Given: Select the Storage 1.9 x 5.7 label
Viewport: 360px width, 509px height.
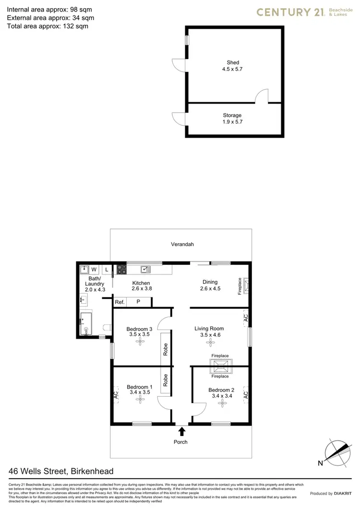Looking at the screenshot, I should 232,118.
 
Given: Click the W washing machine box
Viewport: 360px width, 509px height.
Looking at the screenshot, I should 94,270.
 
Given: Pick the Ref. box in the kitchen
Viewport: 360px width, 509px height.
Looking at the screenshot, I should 120,302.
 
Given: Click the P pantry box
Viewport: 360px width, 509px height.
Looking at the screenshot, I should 138,302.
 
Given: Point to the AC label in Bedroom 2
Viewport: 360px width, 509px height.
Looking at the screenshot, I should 245,394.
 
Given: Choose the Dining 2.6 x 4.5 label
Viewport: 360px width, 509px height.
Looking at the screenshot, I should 210,285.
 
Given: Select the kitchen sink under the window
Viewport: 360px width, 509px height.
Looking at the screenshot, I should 144,269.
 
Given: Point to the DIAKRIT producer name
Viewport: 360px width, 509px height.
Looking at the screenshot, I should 344,493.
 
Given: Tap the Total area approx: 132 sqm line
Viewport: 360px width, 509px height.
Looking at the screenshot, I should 48,26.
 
